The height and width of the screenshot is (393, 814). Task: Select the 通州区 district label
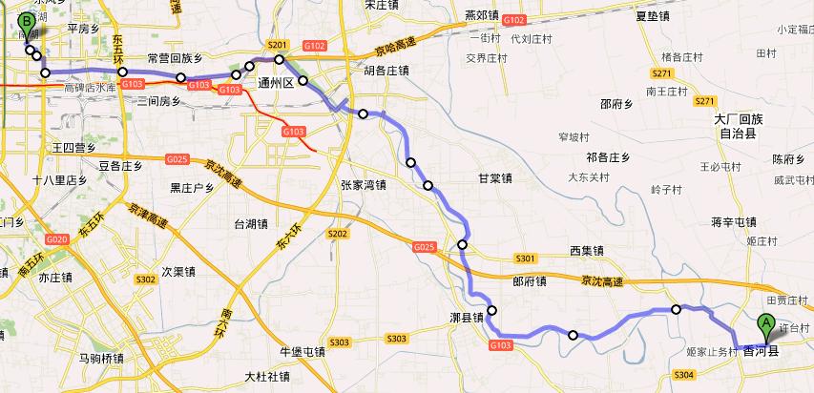point(279,83)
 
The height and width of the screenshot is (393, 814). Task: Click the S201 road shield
point(278,45)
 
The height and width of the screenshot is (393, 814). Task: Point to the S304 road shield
point(683,376)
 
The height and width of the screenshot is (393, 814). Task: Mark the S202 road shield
point(337,233)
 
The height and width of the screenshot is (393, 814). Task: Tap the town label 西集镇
point(588,250)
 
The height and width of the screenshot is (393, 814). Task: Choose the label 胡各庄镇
point(386,70)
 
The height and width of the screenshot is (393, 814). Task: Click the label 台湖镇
point(250,224)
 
